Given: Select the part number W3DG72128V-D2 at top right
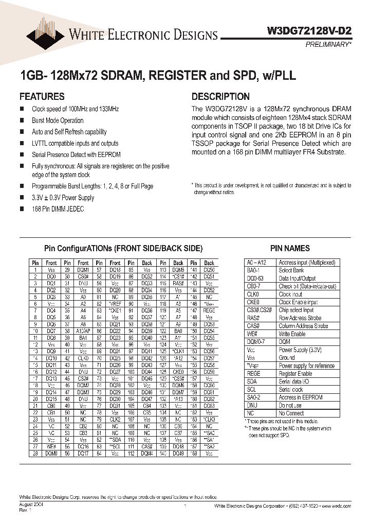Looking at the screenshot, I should click(x=309, y=31).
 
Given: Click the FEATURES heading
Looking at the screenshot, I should click(x=42, y=96).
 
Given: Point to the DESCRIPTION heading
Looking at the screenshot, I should click(x=220, y=96).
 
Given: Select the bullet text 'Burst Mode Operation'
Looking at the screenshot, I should click(x=58, y=120).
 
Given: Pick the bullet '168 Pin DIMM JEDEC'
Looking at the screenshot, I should click(x=58, y=209).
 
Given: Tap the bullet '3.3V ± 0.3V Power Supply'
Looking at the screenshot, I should click(x=63, y=197).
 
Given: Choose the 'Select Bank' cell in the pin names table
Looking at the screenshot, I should click(x=291, y=270).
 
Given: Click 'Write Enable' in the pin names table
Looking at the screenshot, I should click(x=292, y=334).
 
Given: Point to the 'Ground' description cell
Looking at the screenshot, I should click(x=287, y=358).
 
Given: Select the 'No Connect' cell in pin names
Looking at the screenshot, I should click(x=291, y=413).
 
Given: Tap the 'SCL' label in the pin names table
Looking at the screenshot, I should click(x=251, y=390).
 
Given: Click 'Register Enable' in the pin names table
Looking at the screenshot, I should click(x=296, y=374).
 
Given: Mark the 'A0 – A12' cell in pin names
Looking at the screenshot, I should click(x=256, y=263).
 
